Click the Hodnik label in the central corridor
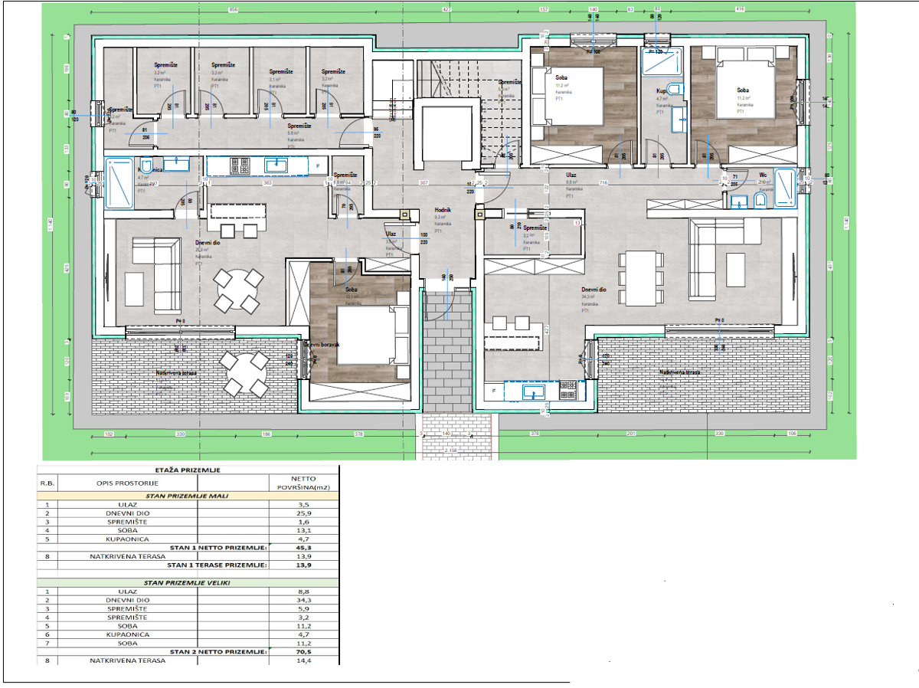tap(443, 208)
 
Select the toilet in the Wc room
tap(760, 201)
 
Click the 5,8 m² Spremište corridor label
tap(298, 126)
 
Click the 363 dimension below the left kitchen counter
tap(267, 183)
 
